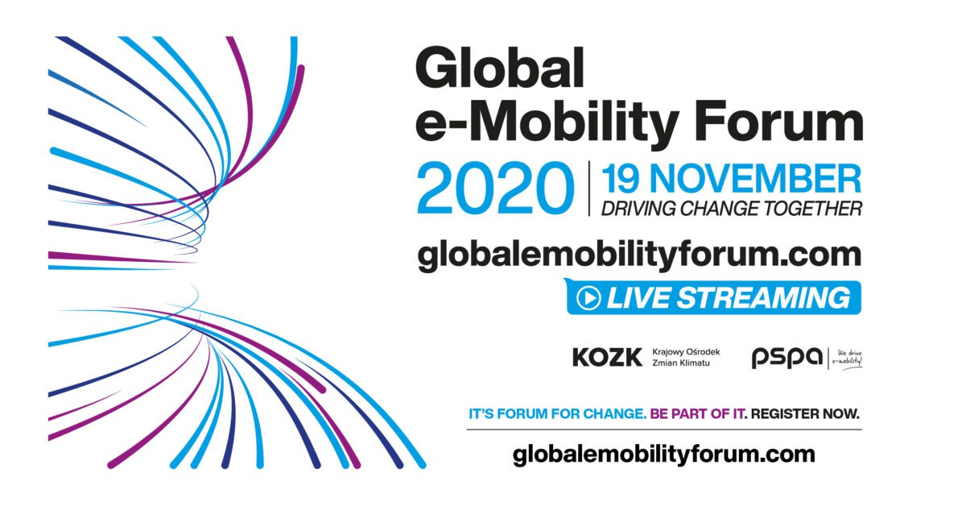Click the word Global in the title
click(x=500, y=68)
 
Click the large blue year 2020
click(x=496, y=188)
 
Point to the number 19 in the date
click(x=620, y=179)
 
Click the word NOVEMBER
click(x=756, y=179)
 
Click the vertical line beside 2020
click(x=589, y=189)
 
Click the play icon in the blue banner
click(x=588, y=298)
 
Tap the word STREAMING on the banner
click(x=764, y=298)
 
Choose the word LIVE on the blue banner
click(x=638, y=298)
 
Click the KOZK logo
click(x=607, y=358)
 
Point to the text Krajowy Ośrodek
click(x=686, y=352)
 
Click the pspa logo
click(x=787, y=358)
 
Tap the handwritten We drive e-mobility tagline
click(x=847, y=358)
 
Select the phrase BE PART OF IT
click(x=697, y=413)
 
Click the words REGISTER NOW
click(x=805, y=413)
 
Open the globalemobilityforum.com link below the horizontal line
click(x=663, y=455)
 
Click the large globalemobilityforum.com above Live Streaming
click(x=639, y=256)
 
